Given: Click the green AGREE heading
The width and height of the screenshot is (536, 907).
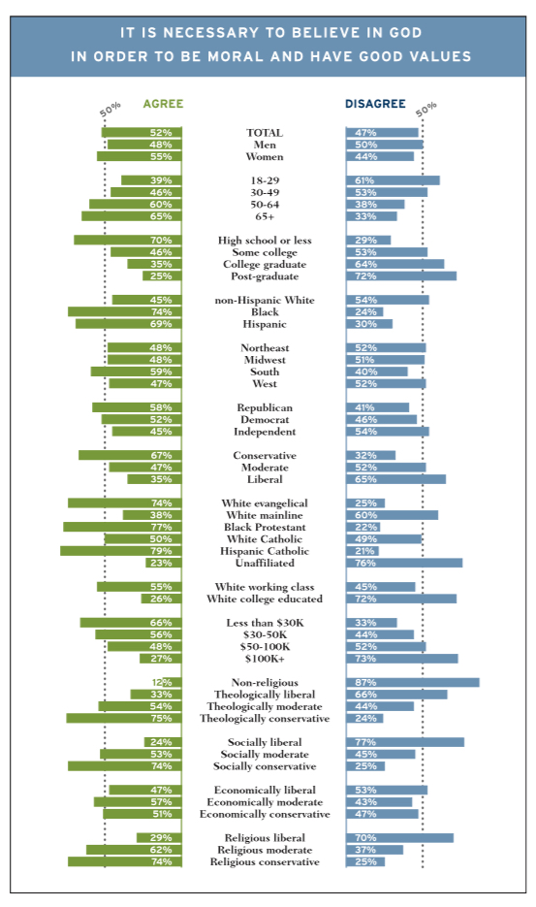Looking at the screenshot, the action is coord(163,104).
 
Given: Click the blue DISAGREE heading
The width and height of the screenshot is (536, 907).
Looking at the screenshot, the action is coord(375,104).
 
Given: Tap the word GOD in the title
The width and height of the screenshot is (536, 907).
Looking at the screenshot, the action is coord(405,32).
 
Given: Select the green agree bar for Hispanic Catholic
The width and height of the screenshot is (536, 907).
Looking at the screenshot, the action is coord(121,551).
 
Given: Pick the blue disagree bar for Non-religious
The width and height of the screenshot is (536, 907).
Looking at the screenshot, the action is coord(413,683).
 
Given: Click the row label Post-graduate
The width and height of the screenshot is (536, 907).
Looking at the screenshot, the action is coord(265,276).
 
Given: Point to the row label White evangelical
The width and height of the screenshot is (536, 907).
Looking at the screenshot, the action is coord(265,503).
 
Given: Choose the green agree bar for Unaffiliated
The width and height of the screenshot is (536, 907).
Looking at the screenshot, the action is coord(164,563).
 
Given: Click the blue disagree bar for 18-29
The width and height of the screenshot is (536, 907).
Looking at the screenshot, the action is coord(394,180).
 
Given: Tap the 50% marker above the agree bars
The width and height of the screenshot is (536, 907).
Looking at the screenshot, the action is coord(110,110).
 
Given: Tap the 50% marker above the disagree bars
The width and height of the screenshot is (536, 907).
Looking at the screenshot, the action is coord(426,110).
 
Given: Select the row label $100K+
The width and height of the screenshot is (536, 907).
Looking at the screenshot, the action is coord(265,659).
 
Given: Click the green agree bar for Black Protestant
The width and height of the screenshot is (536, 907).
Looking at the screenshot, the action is coord(122,527).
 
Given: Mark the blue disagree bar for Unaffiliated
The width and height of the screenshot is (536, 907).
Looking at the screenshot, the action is coord(404,563).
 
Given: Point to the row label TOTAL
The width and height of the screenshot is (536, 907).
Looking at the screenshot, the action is coord(265,133).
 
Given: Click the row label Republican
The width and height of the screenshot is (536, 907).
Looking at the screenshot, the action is coord(265,407).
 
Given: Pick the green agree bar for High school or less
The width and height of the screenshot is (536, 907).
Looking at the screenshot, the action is coord(128,240).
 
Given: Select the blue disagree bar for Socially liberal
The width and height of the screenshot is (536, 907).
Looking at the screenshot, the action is coord(405,742).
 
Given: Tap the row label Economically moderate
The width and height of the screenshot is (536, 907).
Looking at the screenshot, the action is coord(265,802).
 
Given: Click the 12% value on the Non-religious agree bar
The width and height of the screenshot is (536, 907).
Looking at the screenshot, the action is coord(162,683).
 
